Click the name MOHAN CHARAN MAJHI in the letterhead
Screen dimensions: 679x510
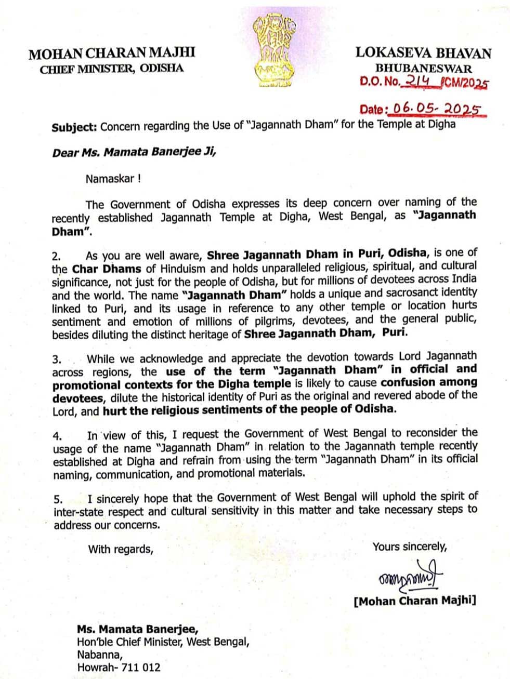pos(112,53)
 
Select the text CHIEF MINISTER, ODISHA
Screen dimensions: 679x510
pos(112,69)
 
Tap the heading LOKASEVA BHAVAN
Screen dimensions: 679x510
pos(423,53)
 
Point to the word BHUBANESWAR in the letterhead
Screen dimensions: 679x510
pos(424,68)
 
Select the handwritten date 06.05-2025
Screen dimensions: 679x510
pos(436,109)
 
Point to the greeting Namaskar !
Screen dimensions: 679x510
pos(113,179)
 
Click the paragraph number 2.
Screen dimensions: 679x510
pos(56,256)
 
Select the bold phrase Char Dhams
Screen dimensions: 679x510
pos(107,269)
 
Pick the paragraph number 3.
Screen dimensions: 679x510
pos(57,359)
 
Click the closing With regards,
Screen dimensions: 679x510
pos(121,549)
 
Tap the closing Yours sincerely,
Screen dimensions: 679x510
pos(410,547)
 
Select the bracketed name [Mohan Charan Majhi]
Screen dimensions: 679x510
pos(414,601)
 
